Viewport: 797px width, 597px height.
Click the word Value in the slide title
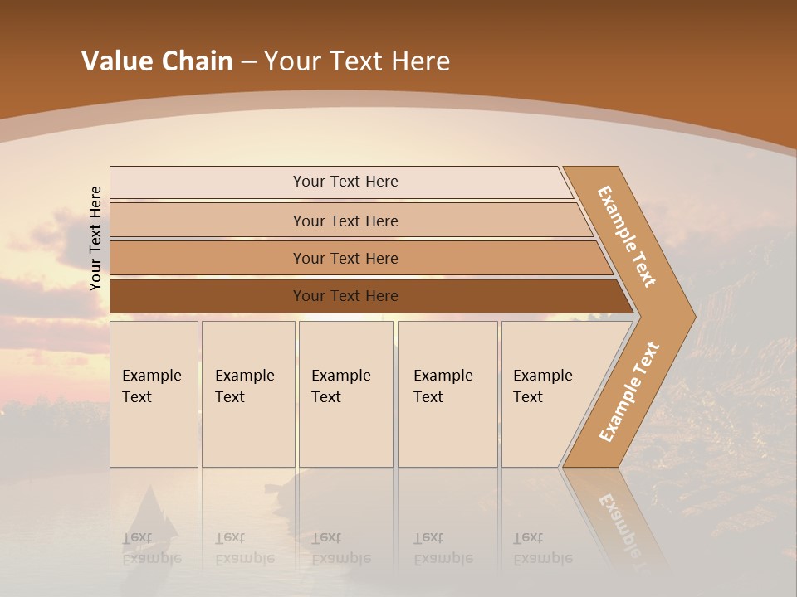(x=115, y=61)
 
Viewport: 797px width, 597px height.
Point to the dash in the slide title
(x=248, y=62)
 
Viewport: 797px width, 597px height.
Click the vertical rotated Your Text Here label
(x=95, y=238)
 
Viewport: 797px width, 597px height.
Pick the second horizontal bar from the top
(x=345, y=221)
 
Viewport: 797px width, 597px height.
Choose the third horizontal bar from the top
(x=345, y=258)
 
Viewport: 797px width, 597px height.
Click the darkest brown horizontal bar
(x=345, y=296)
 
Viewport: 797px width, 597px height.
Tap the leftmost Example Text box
(x=154, y=394)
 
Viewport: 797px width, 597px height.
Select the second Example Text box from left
(x=247, y=394)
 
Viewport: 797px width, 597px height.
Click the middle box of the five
(x=345, y=394)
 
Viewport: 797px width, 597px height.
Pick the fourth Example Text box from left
(x=447, y=394)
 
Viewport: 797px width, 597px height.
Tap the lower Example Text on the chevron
(x=628, y=391)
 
